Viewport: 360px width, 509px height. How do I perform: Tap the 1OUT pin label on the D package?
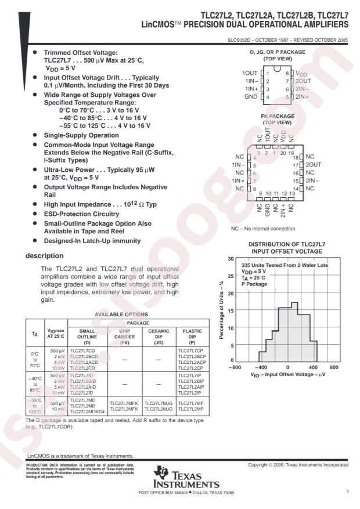point(250,73)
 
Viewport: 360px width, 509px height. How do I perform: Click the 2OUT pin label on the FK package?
point(314,165)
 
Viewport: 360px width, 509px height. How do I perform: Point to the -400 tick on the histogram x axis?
point(262,367)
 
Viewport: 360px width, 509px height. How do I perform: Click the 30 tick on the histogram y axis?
point(231,259)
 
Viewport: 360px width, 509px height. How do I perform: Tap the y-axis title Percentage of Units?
point(222,311)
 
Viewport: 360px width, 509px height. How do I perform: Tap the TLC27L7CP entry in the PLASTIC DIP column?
point(192,351)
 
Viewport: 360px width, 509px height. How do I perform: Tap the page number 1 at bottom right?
point(347,492)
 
